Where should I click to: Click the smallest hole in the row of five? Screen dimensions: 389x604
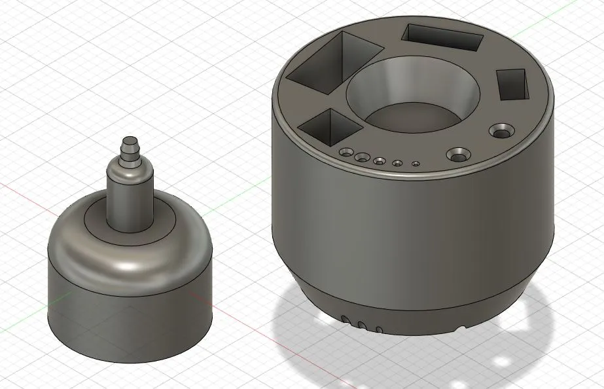[x=415, y=164]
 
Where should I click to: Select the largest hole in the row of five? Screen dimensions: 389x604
[x=345, y=153]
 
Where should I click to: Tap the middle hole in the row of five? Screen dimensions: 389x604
[x=379, y=159]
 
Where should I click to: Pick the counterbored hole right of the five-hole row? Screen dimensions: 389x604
[x=458, y=155]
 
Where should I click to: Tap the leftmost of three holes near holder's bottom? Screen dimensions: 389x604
[x=344, y=319]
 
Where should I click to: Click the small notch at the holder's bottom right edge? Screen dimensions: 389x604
[x=463, y=325]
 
